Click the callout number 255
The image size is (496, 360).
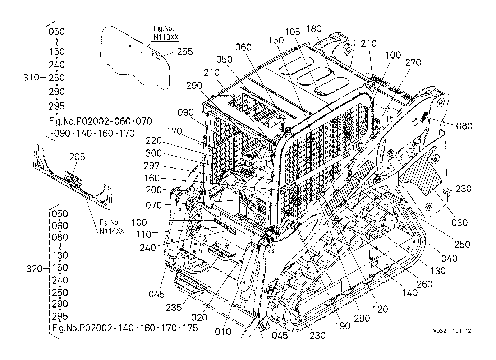[185, 52]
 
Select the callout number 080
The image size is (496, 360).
[464, 126]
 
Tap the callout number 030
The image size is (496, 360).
[459, 222]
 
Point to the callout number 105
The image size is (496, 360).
[292, 32]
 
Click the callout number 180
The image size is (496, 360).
[314, 29]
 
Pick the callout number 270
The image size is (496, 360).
[413, 63]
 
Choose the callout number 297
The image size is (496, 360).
[151, 166]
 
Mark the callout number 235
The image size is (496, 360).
[174, 307]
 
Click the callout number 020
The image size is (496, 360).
[199, 317]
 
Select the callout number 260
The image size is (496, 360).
[425, 284]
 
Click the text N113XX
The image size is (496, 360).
[166, 37]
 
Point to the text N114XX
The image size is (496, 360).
[112, 231]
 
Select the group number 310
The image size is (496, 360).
[31, 78]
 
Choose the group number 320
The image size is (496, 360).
[34, 269]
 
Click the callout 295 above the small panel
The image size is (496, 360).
[77, 157]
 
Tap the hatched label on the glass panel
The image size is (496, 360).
[156, 55]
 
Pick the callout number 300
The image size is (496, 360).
[154, 153]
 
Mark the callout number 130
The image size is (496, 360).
[438, 271]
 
